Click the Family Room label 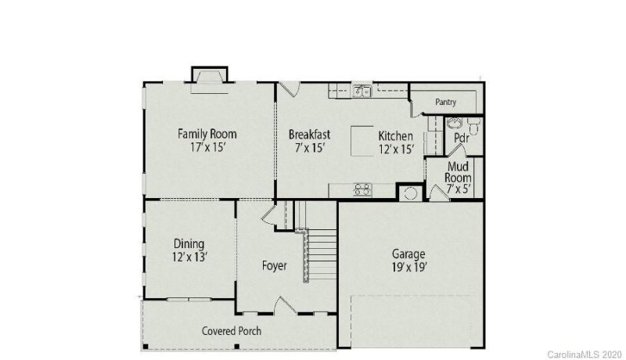207,134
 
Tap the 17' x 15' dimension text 207,147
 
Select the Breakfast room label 309,134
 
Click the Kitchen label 395,135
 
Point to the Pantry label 445,102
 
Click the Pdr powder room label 462,138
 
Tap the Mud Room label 458,172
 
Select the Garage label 408,254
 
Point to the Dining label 189,243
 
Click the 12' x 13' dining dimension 189,257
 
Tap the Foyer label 274,266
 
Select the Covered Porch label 232,331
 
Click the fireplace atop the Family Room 210,75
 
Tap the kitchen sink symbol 362,91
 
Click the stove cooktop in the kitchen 362,189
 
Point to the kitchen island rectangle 362,142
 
